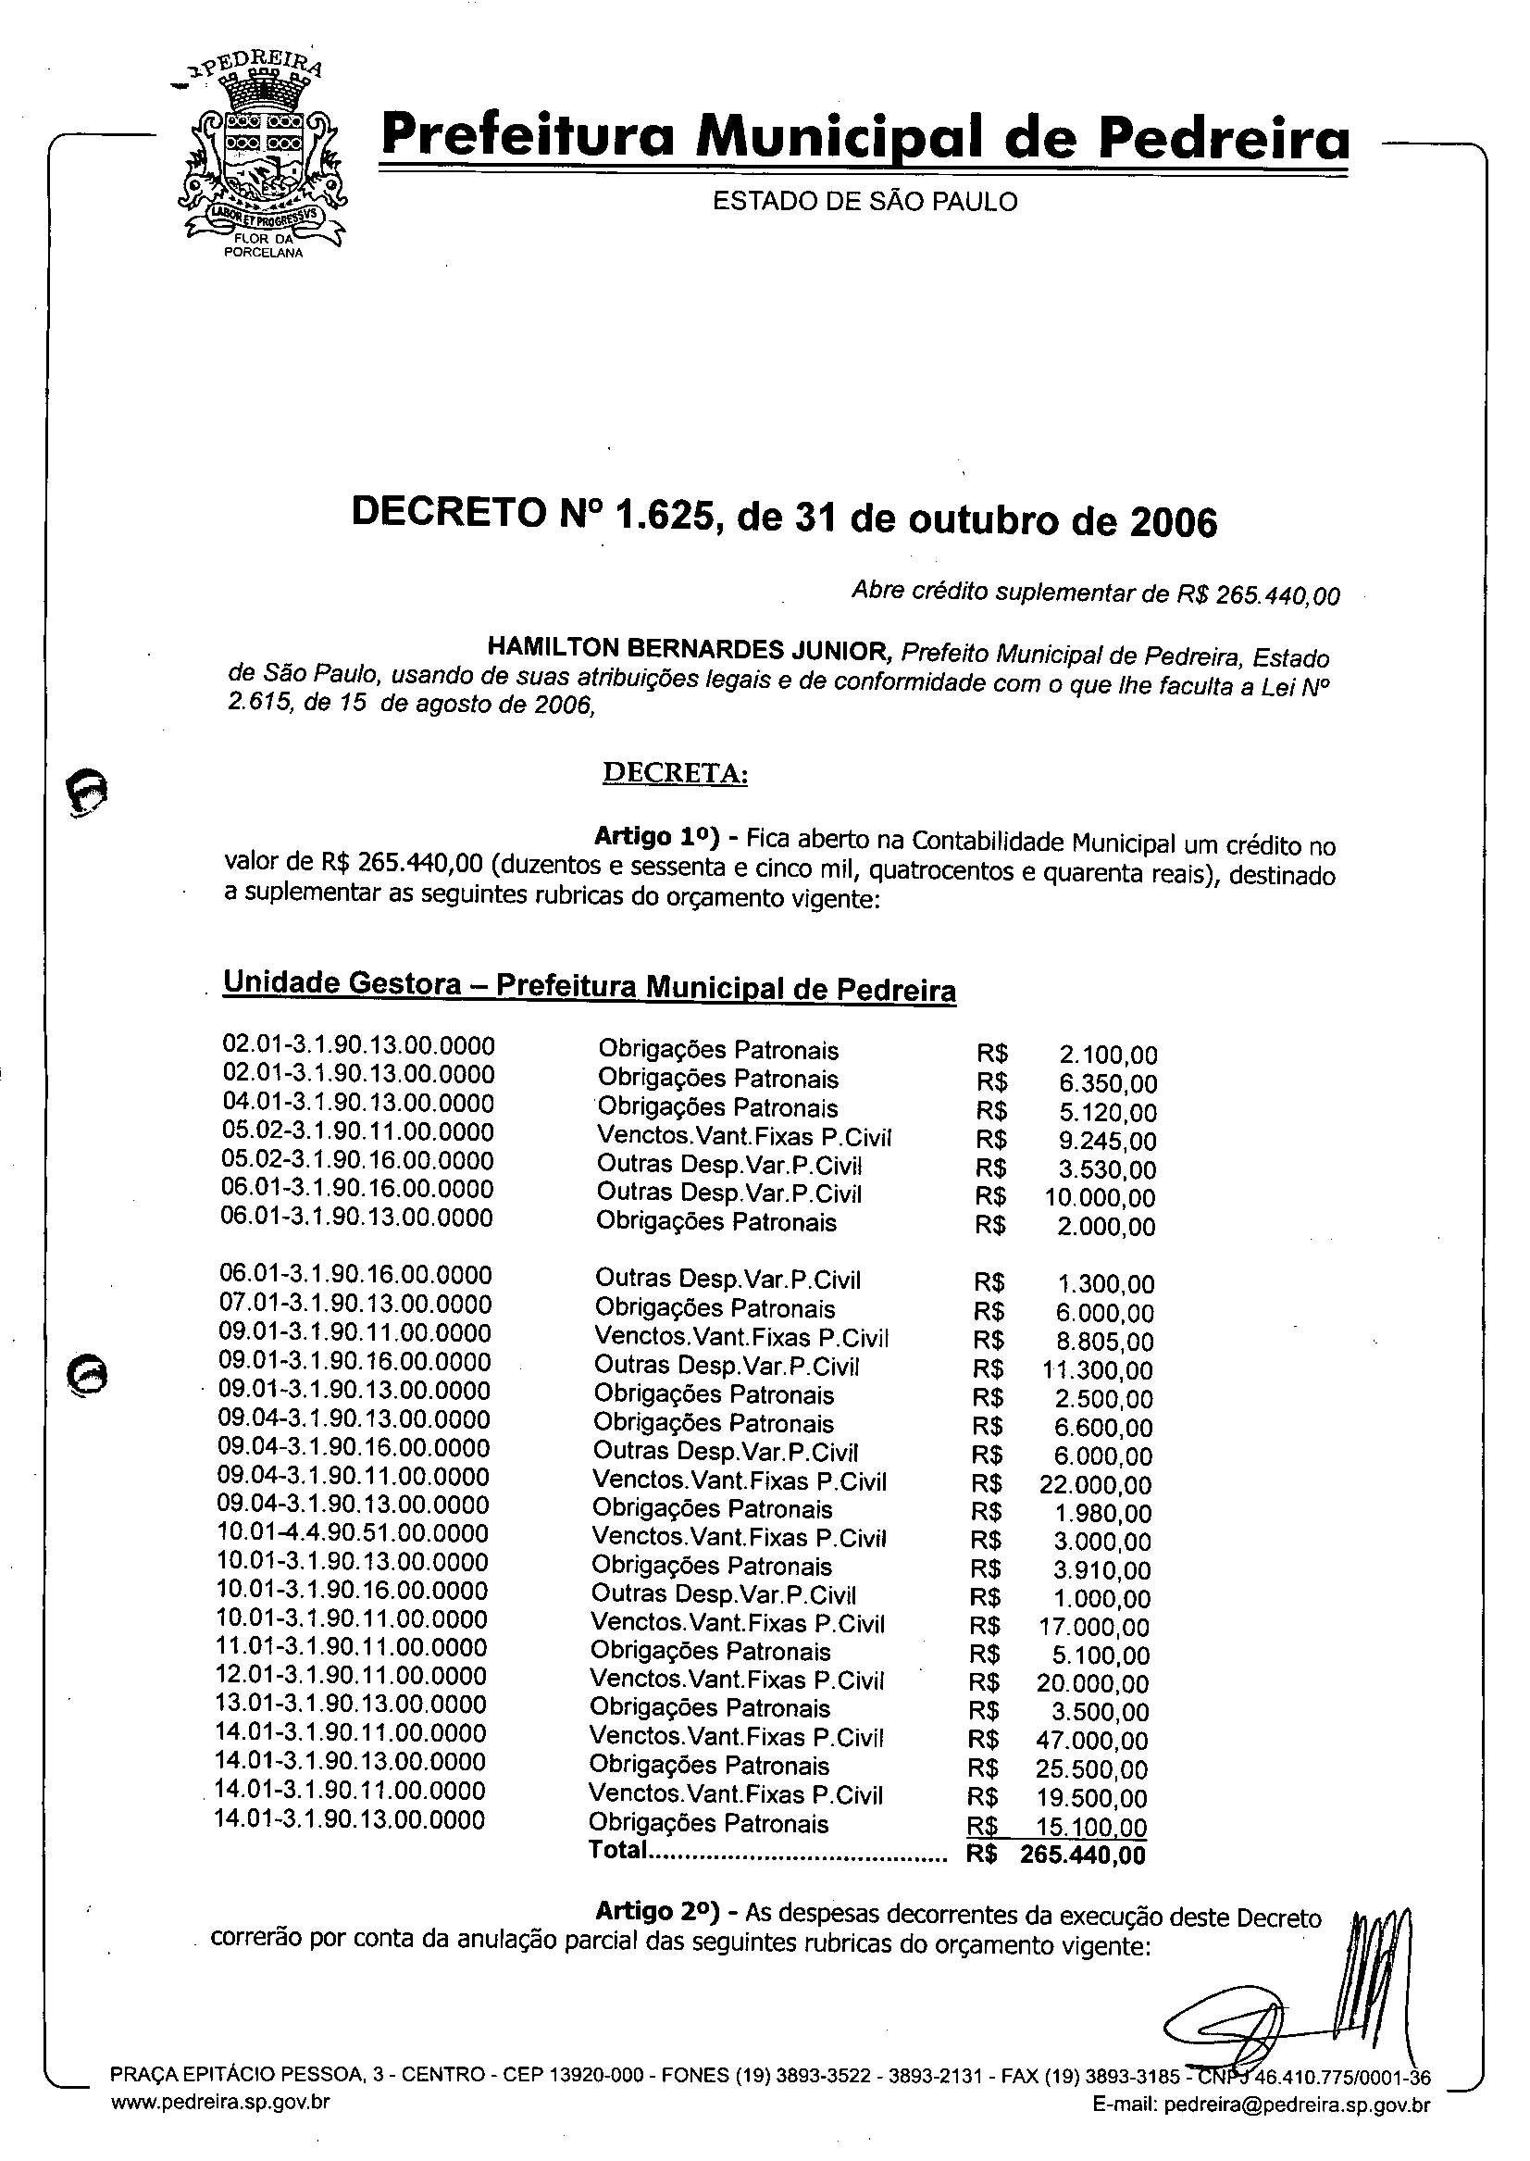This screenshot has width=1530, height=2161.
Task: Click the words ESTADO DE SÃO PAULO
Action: coord(864,202)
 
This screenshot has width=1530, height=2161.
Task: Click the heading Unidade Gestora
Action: coord(341,983)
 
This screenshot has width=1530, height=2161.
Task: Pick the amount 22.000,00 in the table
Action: coord(1095,1485)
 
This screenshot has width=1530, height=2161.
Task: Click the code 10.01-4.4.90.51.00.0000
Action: coord(353,1533)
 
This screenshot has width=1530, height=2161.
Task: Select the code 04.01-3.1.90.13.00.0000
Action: coord(358,1103)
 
